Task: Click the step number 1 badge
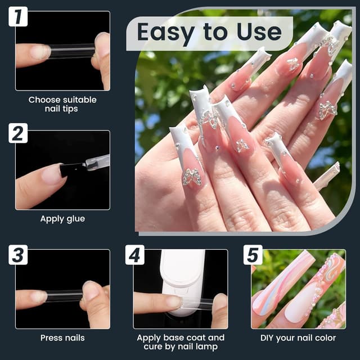tap(18, 17)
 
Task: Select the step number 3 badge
tap(18, 254)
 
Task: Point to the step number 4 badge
tap(135, 254)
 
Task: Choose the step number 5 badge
tap(253, 254)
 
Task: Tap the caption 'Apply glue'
tap(62, 219)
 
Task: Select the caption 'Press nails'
tap(62, 337)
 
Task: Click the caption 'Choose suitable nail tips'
tap(62, 104)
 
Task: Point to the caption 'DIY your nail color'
tap(298, 337)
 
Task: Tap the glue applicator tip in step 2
tap(90, 164)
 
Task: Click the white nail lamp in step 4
tap(183, 276)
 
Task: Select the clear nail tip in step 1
tap(70, 52)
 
